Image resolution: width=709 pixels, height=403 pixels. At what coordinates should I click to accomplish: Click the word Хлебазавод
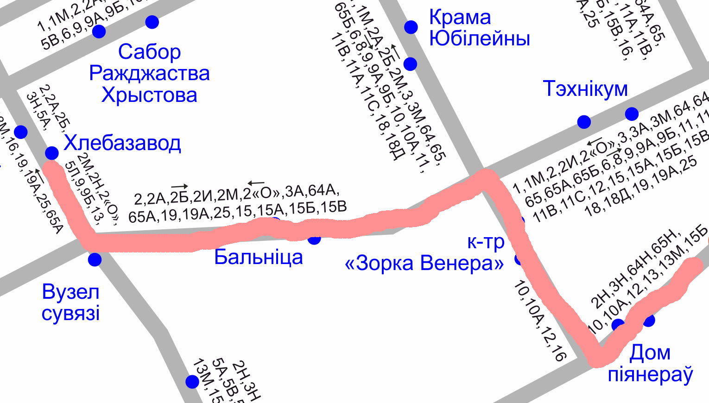coord(122,143)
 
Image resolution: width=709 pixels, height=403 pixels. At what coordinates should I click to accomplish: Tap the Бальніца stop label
coord(258,257)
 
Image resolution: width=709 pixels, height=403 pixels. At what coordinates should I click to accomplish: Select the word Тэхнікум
coord(585,88)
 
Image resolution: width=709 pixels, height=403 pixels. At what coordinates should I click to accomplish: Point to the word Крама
coord(460,17)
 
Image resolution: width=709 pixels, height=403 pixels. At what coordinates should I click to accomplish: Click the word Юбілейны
coord(480,38)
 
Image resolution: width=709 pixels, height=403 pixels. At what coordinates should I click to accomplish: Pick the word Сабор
coord(149,51)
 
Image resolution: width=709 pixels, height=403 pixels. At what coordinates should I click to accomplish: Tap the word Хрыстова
coord(149,95)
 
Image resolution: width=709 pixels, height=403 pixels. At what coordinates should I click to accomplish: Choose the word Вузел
coord(70,292)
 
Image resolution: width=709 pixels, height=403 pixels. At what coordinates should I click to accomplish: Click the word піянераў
coord(650,374)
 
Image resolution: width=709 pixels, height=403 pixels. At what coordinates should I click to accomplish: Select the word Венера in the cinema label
coord(462,263)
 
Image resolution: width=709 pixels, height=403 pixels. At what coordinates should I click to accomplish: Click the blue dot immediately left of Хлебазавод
coord(52,152)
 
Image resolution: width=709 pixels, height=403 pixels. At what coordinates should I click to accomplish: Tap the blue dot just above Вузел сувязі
coord(95,259)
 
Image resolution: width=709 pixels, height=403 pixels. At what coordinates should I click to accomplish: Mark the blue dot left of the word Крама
coord(411,27)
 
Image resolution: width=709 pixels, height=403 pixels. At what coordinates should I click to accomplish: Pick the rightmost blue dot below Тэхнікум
coord(632,113)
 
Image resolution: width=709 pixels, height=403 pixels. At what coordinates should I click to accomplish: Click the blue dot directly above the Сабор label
coord(152,22)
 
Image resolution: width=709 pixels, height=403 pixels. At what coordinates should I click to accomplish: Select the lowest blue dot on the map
coord(192,382)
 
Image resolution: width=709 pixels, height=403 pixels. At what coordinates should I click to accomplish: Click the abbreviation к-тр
coord(486,242)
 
